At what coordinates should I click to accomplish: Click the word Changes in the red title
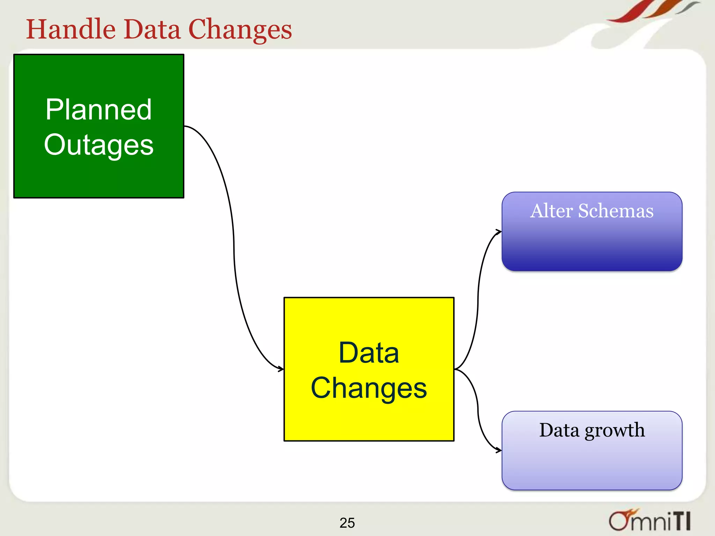click(x=240, y=30)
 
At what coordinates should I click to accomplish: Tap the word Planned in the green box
click(x=98, y=110)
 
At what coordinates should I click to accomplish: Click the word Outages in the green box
click(x=98, y=145)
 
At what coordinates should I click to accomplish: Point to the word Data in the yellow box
click(x=369, y=353)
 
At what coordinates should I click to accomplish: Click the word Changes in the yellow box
click(x=369, y=388)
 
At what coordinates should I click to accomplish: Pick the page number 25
click(x=347, y=523)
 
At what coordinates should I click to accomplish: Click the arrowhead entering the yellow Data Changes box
click(x=281, y=369)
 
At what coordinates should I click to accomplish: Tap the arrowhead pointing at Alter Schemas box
click(x=499, y=231)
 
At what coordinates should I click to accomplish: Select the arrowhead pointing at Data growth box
click(x=499, y=451)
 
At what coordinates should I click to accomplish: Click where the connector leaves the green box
click(x=185, y=126)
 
